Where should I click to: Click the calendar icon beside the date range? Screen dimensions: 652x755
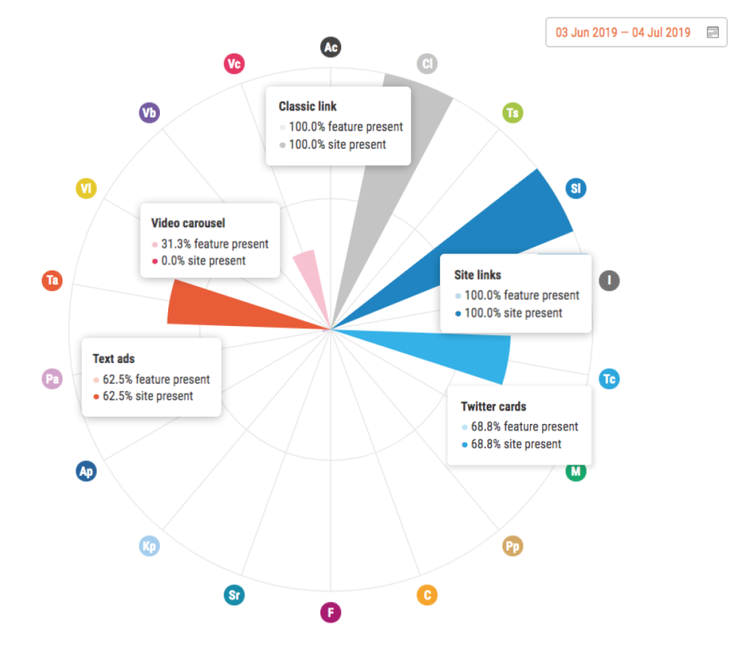point(712,32)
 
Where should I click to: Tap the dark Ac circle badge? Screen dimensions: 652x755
point(330,48)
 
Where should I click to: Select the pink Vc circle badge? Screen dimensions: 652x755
point(234,64)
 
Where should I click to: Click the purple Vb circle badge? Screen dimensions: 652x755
point(150,113)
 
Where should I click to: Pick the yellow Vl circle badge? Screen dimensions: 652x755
point(86,189)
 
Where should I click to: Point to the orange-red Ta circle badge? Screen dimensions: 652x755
point(52,280)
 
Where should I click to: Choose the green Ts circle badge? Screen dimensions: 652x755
point(512,113)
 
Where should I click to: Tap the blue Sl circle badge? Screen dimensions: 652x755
point(576,189)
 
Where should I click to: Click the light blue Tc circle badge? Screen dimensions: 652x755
point(609,379)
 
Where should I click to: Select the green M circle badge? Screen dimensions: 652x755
point(576,471)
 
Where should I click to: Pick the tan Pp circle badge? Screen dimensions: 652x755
point(512,547)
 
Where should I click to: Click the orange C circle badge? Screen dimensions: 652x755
point(426,595)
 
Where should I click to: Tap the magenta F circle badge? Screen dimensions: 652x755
point(330,612)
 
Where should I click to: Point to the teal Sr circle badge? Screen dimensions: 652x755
point(234,595)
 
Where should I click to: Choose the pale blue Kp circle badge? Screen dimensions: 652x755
point(150,547)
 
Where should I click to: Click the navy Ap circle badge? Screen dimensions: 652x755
point(86,471)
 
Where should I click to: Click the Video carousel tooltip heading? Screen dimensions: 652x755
point(188,223)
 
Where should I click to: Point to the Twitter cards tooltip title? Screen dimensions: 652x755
point(493,406)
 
